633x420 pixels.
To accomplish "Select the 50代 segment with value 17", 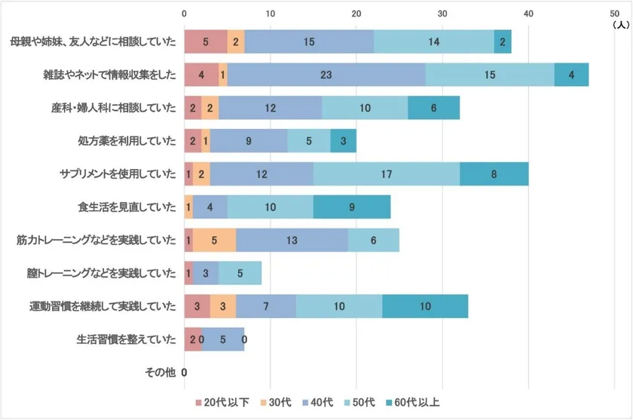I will point(387,174).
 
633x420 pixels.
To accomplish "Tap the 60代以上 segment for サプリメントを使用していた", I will point(494,174).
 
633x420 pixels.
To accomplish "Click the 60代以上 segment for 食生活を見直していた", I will point(352,207).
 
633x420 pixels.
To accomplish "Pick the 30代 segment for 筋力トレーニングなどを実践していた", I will point(215,241).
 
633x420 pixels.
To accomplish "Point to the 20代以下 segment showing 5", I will point(206,42).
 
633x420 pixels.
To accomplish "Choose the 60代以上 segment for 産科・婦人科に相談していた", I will point(433,108).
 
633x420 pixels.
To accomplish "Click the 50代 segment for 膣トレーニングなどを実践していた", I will point(240,273).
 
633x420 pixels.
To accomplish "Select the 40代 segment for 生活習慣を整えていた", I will point(222,339).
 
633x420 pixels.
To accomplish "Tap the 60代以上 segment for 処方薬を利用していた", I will point(343,141).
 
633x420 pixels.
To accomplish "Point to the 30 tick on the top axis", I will point(443,13).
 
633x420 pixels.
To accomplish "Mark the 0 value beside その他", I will point(185,372).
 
